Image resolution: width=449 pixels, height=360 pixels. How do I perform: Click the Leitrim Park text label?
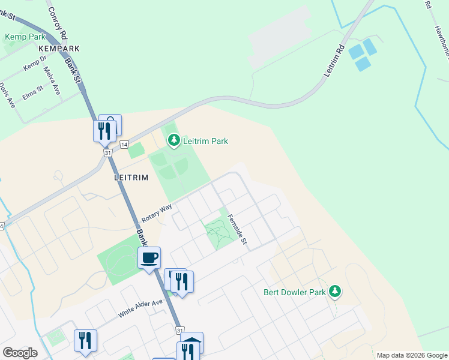pyautogui.click(x=205, y=142)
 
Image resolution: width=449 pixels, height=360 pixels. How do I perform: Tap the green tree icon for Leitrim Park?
pyautogui.click(x=174, y=141)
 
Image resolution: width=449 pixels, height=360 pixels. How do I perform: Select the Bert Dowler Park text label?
pyautogui.click(x=295, y=293)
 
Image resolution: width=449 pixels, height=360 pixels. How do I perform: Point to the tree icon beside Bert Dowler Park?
pyautogui.click(x=335, y=292)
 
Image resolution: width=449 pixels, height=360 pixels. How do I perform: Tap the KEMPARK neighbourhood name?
pyautogui.click(x=59, y=48)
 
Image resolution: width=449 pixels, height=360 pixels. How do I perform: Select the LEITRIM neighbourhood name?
pyautogui.click(x=131, y=178)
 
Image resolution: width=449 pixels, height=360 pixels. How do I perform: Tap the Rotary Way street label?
pyautogui.click(x=157, y=212)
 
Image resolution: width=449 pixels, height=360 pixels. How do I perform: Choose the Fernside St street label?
pyautogui.click(x=239, y=229)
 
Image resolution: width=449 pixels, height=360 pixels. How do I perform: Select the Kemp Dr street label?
pyautogui.click(x=35, y=64)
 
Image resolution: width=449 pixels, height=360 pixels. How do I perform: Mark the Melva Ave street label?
pyautogui.click(x=52, y=80)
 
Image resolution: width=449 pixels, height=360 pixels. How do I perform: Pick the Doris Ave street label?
pyautogui.click(x=7, y=95)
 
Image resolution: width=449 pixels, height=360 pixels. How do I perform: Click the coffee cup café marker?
pyautogui.click(x=149, y=258)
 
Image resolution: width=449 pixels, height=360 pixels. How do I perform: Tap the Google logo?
pyautogui.click(x=20, y=353)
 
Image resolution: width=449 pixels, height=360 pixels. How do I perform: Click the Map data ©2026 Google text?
pyautogui.click(x=412, y=355)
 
